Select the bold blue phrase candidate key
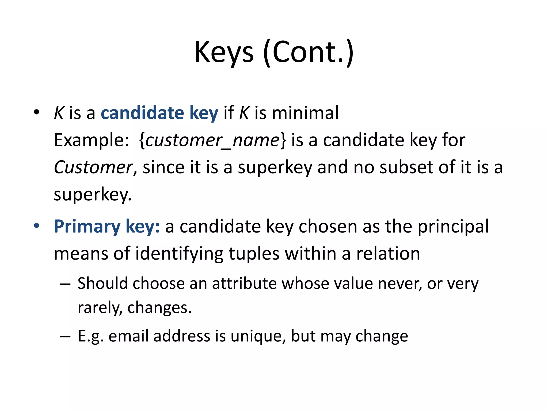click(x=159, y=113)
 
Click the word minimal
click(x=305, y=113)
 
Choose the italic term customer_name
click(x=212, y=140)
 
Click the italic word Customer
click(x=93, y=168)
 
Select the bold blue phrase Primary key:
click(x=107, y=227)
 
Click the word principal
click(x=453, y=227)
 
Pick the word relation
click(x=388, y=254)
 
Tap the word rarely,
click(x=100, y=308)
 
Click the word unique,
click(x=258, y=336)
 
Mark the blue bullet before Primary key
click(x=37, y=226)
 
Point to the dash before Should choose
click(x=65, y=284)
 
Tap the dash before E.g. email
click(x=65, y=336)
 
